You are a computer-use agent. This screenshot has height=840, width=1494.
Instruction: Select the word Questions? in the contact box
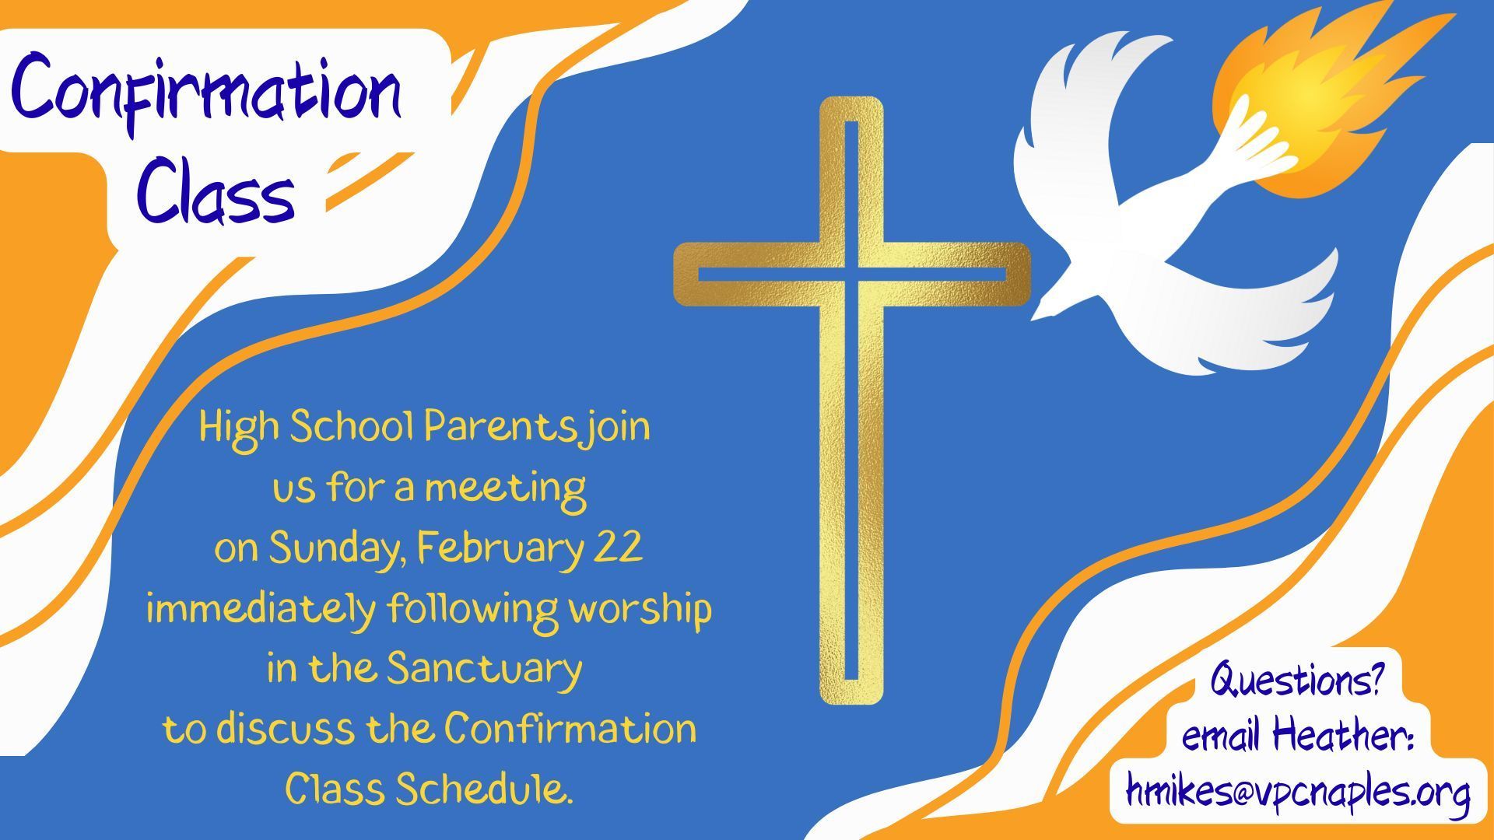coord(1296,681)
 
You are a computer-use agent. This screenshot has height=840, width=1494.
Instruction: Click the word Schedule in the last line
coord(484,789)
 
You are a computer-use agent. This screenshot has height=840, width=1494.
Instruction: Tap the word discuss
coord(289,730)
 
